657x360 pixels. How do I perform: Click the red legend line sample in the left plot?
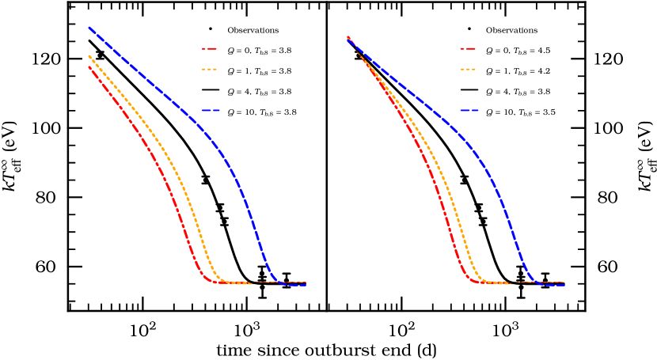[x=210, y=48]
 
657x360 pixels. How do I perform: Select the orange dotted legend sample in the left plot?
[x=210, y=70]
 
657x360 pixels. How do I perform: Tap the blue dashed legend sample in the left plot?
[x=211, y=110]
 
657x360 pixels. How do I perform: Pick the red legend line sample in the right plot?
[x=468, y=48]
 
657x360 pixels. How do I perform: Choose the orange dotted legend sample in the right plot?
[x=468, y=70]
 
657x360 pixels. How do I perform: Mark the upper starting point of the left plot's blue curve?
[x=89, y=28]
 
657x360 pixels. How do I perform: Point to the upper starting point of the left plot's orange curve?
[x=89, y=55]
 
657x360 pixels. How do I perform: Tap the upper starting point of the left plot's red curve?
[x=89, y=66]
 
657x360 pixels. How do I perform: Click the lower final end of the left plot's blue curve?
[x=306, y=285]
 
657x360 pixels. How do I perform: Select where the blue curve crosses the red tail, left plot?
[x=276, y=282]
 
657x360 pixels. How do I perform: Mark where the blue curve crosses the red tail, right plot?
[x=535, y=282]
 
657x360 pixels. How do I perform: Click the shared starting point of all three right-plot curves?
[x=347, y=37]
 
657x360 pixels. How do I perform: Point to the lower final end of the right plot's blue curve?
[x=564, y=285]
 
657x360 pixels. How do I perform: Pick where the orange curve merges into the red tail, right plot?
[x=491, y=282]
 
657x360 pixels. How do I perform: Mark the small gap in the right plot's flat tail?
[x=512, y=282]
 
